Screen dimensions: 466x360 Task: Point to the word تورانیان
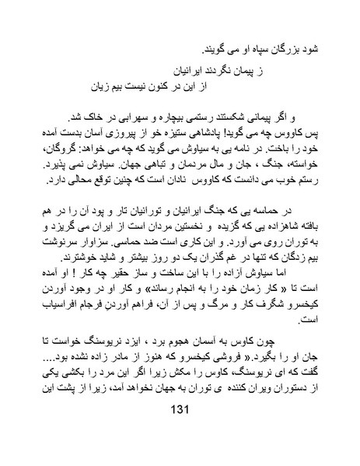171,212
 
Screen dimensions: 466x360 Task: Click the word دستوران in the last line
276,377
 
